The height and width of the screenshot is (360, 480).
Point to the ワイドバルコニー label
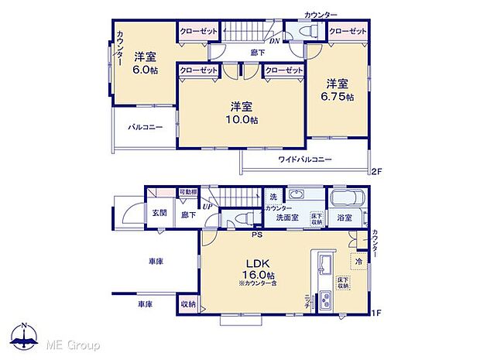click(305, 159)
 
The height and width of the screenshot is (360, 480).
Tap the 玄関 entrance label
click(159, 212)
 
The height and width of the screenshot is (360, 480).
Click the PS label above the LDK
click(255, 234)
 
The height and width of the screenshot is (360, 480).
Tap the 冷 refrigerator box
click(358, 263)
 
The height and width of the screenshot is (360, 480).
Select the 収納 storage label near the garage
click(187, 304)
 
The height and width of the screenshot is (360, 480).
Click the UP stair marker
click(207, 207)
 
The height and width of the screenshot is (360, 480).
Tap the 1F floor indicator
click(377, 313)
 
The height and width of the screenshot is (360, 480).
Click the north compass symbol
click(25, 335)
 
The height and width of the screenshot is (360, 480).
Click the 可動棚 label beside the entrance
click(187, 192)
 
